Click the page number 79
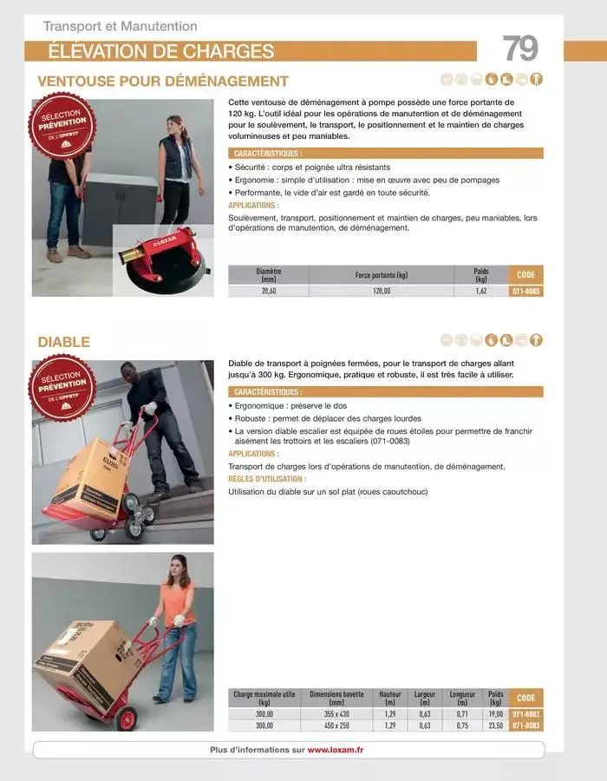pos(520,49)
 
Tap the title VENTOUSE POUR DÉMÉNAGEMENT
pos(163,82)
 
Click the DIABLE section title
pos(63,342)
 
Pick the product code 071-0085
pos(525,292)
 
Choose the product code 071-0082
pos(525,713)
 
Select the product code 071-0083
pos(525,725)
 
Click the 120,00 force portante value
pos(382,292)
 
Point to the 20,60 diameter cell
pos(269,292)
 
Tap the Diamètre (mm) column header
pos(269,275)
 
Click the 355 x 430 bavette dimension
pos(336,713)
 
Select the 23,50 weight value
pos(495,725)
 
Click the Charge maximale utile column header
pos(264,698)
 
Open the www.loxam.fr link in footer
pos(335,750)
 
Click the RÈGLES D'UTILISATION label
pos(267,478)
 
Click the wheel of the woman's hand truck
pos(127,719)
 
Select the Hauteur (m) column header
pos(390,698)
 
